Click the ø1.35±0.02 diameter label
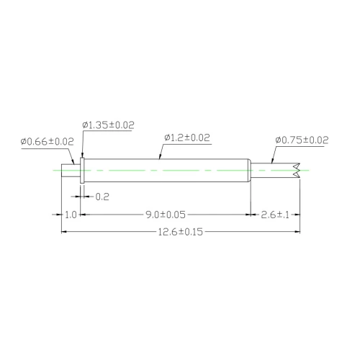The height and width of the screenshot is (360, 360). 108,125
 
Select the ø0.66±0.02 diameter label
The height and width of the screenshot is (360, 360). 48,141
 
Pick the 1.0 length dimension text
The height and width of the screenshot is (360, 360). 71,215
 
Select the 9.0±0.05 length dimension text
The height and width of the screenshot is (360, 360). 165,215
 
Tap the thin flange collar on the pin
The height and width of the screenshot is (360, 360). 82,171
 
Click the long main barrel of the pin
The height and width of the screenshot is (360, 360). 166,171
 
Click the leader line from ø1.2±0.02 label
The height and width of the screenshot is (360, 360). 159,149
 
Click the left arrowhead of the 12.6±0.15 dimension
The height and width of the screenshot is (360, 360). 66,232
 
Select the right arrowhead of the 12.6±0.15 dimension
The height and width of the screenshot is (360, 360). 297,232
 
